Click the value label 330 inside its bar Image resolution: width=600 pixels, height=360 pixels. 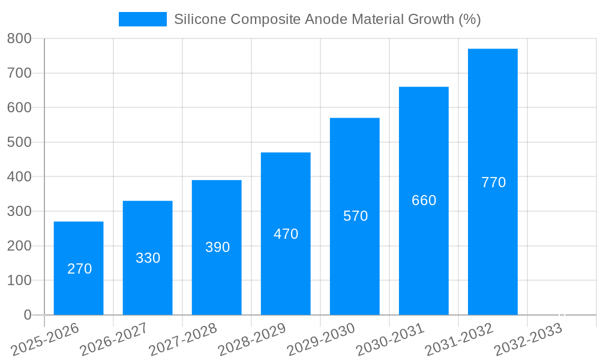[x=148, y=258]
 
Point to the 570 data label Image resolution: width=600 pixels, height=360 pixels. [x=355, y=216]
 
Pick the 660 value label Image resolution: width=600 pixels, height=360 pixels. [x=424, y=200]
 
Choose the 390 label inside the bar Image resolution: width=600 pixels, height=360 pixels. [x=217, y=247]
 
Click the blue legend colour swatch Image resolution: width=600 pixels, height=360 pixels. [x=143, y=19]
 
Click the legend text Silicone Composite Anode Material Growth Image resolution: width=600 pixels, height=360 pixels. [x=327, y=19]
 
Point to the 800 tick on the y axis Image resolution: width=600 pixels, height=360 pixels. [x=19, y=38]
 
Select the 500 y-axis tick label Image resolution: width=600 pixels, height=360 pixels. [x=19, y=142]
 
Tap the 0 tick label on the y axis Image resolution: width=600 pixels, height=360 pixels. [x=27, y=315]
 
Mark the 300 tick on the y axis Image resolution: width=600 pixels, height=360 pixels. [x=19, y=211]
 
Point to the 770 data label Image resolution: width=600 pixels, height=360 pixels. [x=493, y=182]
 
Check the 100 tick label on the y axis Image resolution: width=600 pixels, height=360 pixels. [x=19, y=280]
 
